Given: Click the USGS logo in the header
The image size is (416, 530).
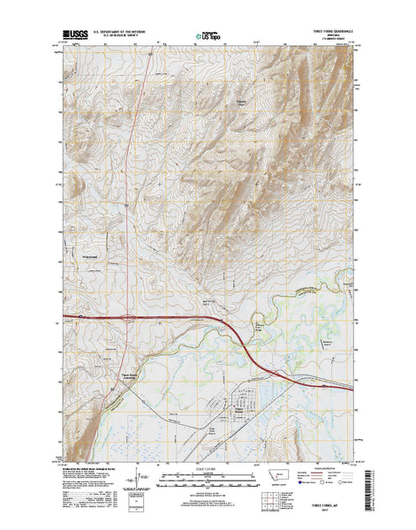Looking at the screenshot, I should pyautogui.click(x=78, y=36).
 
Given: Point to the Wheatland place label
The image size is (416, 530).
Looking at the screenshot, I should pyautogui.click(x=93, y=258).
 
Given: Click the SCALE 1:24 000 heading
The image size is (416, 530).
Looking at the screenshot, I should pyautogui.click(x=208, y=464).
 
